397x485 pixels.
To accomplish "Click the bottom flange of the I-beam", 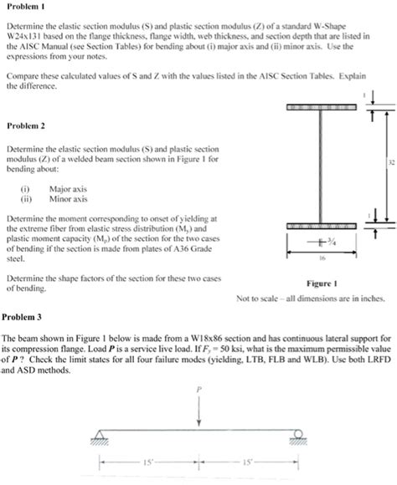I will [x=322, y=226].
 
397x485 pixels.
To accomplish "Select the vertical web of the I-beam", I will [x=322, y=167].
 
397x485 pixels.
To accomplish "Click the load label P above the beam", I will [x=198, y=390].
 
